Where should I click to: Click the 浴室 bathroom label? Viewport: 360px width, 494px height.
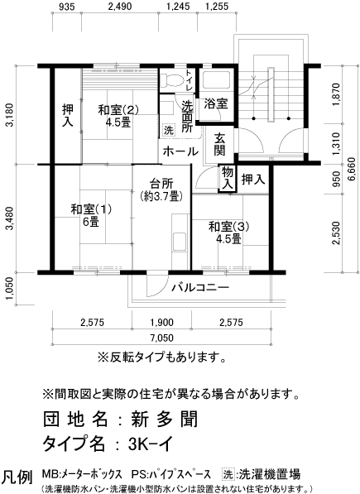point(217,103)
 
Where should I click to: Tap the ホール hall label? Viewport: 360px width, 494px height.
point(180,151)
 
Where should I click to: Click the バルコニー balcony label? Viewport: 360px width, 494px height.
point(200,289)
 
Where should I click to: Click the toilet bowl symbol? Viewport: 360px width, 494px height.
point(171,81)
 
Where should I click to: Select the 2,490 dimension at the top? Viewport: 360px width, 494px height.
point(119,8)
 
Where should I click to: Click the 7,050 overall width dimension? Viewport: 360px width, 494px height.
point(161,338)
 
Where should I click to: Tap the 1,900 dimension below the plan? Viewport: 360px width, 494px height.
point(161,322)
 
